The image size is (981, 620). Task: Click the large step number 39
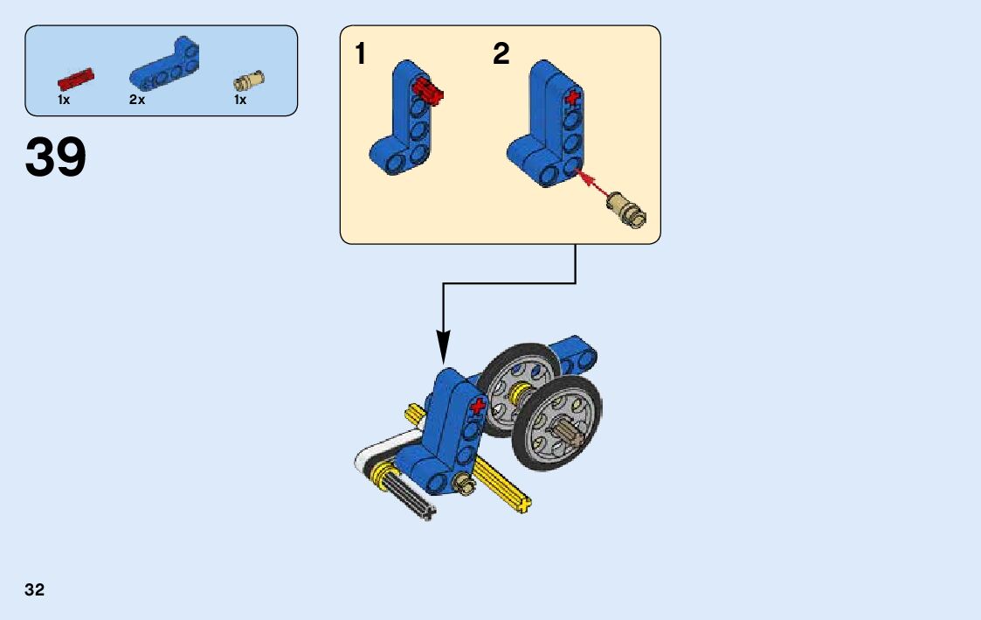[x=56, y=157]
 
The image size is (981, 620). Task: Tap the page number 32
[x=34, y=589]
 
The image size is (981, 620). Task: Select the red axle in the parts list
[x=75, y=80]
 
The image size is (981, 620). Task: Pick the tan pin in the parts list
[x=249, y=81]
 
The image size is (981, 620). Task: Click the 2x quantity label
[x=137, y=101]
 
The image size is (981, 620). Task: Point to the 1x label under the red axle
[x=64, y=101]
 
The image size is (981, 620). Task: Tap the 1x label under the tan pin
[x=240, y=101]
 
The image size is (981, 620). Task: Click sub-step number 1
[x=361, y=54]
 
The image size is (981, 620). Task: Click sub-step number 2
[x=501, y=54]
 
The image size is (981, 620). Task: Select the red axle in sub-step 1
[x=429, y=88]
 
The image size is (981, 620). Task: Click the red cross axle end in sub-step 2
[x=572, y=98]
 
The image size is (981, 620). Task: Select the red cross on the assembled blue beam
[x=477, y=407]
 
